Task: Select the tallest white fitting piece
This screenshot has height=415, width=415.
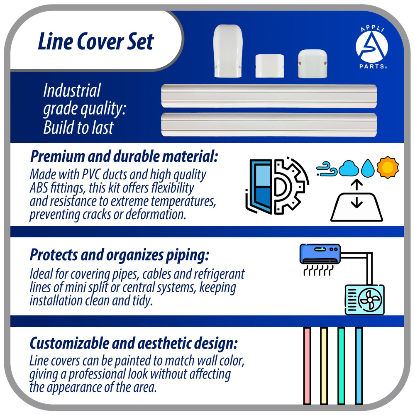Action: (228, 51)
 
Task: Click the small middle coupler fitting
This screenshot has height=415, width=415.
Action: (269, 66)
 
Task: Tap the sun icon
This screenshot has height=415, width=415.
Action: (387, 167)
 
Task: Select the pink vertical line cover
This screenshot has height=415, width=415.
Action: (307, 365)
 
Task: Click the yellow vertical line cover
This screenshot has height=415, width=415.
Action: (324, 365)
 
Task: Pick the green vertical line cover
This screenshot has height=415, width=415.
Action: (341, 365)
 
